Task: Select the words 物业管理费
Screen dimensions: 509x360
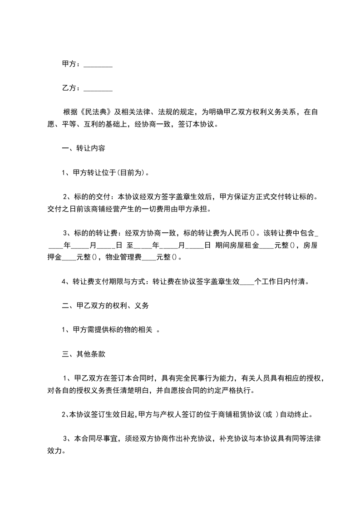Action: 123,257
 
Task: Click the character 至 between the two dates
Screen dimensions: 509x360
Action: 129,245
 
